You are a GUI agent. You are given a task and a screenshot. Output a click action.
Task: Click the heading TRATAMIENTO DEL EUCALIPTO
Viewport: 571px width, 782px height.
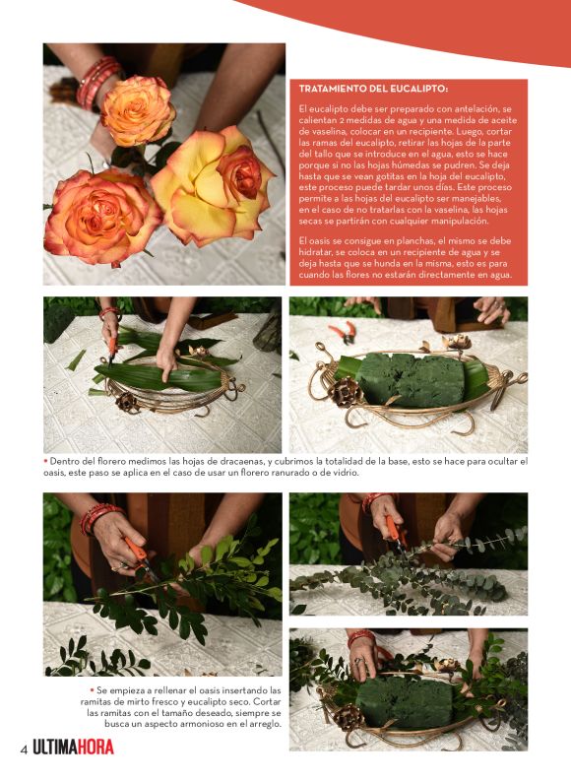click(x=373, y=90)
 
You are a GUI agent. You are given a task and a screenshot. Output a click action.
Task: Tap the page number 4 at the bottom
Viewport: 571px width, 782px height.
click(x=24, y=749)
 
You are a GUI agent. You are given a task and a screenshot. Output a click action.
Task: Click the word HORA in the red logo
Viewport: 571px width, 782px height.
click(x=95, y=748)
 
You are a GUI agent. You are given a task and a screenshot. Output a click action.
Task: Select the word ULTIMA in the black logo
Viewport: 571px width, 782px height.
click(x=54, y=748)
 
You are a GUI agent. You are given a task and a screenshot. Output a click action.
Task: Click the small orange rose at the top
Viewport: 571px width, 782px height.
click(x=138, y=110)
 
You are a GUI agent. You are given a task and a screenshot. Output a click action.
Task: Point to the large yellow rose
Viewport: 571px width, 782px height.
click(x=212, y=186)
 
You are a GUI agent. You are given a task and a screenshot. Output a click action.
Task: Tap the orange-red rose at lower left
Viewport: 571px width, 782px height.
click(x=101, y=216)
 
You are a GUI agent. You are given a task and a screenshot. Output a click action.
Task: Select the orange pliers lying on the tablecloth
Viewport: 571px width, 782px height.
click(x=343, y=332)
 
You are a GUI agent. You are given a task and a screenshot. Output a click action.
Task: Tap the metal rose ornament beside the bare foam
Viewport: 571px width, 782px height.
click(x=345, y=392)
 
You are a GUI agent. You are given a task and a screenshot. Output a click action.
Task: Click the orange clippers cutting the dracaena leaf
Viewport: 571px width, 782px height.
click(x=112, y=348)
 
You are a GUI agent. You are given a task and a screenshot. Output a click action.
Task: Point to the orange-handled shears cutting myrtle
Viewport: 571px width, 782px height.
click(x=142, y=560)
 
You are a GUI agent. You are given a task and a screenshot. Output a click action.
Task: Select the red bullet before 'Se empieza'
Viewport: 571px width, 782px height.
click(x=92, y=689)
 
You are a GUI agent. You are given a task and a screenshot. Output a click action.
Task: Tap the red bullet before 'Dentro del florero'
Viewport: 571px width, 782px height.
click(x=45, y=461)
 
